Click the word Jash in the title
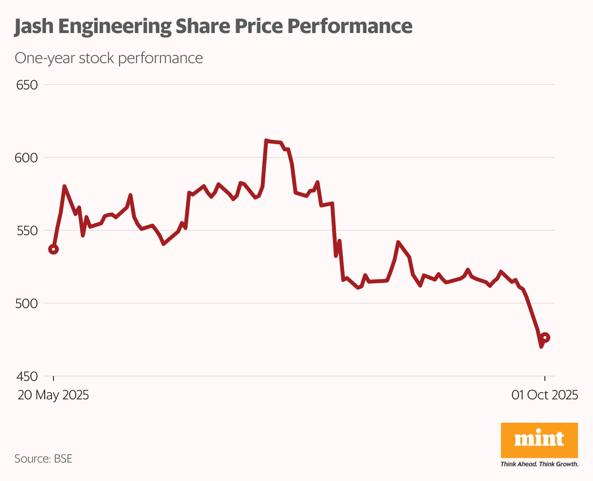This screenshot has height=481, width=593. [x=34, y=26]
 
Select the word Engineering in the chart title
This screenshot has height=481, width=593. [x=114, y=26]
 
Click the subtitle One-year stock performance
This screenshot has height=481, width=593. [x=108, y=58]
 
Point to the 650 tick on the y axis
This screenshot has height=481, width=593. [x=27, y=85]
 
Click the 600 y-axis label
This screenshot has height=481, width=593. [x=27, y=158]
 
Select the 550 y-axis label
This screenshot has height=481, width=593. [x=27, y=231]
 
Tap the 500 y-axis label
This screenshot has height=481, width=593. [x=27, y=304]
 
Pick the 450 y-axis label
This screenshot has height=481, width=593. [x=27, y=377]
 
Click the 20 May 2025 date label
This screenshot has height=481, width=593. [x=53, y=395]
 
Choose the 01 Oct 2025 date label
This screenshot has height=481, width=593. [x=545, y=395]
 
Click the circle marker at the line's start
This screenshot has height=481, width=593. [x=53, y=249]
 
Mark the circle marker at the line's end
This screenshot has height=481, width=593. [x=545, y=338]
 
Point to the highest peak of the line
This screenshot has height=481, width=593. [x=266, y=140]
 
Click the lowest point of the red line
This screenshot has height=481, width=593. [x=541, y=346]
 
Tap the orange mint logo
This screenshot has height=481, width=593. [x=539, y=440]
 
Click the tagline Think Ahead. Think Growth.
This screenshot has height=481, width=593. [x=539, y=464]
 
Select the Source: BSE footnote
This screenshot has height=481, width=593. [x=43, y=459]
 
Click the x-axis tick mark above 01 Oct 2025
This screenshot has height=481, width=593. [x=545, y=379]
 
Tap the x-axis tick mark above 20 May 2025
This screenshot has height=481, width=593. [x=53, y=379]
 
